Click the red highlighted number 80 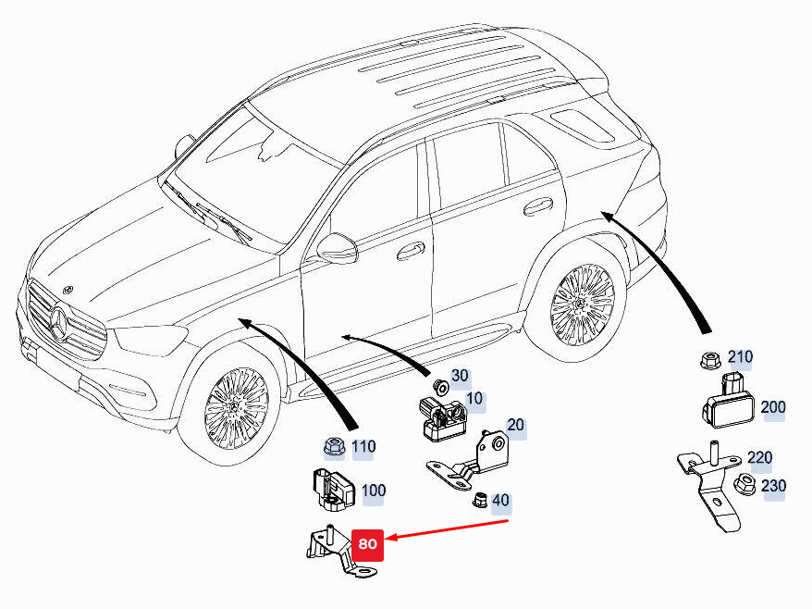click(x=367, y=543)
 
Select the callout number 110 click(x=363, y=446)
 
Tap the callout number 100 click(x=374, y=491)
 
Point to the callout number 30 click(x=460, y=375)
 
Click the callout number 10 click(x=474, y=399)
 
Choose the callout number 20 click(x=515, y=425)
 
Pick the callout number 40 click(x=500, y=500)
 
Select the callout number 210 click(x=740, y=357)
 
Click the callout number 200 click(x=772, y=407)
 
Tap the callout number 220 click(x=759, y=457)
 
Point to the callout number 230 click(x=773, y=486)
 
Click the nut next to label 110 click(x=334, y=447)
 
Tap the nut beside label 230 click(x=744, y=484)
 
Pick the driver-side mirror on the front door click(x=338, y=248)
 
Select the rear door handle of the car click(x=538, y=206)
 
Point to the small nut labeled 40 click(x=480, y=500)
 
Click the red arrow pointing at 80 click(x=448, y=529)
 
